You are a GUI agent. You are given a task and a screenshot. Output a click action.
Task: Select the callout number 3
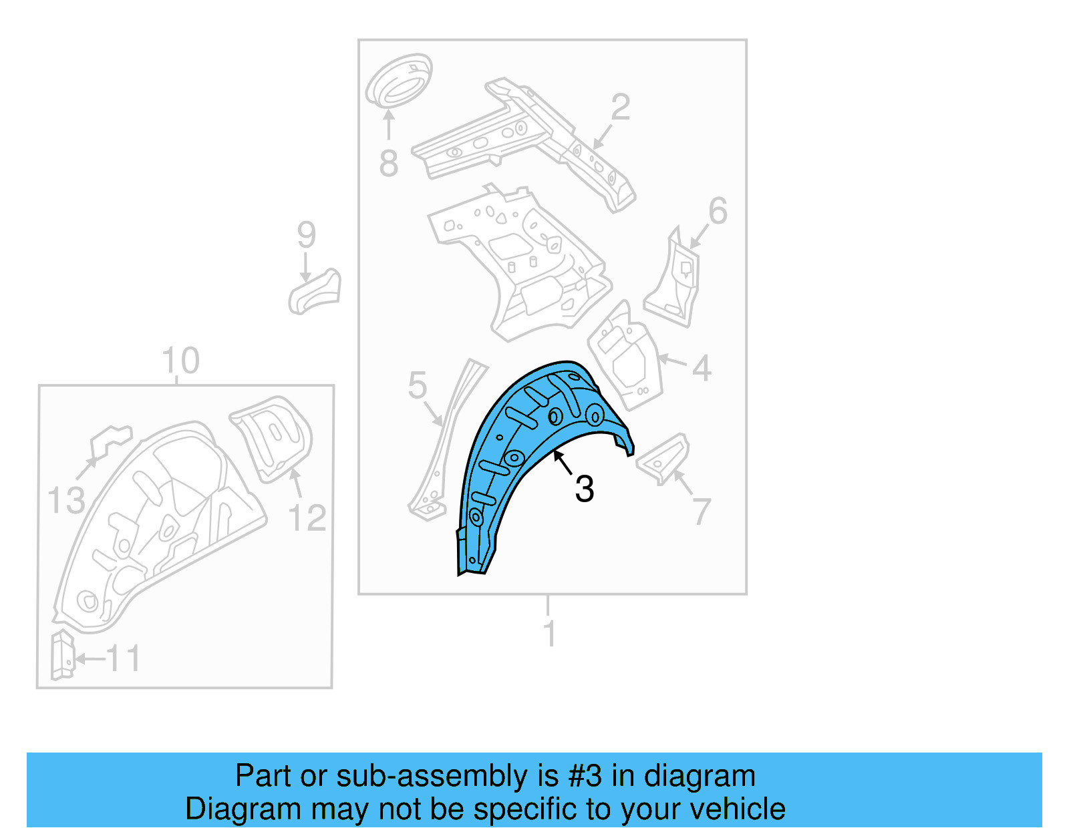(x=585, y=489)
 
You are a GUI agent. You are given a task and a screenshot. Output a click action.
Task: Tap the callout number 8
(x=388, y=164)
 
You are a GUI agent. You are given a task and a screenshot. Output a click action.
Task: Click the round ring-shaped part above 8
(x=399, y=81)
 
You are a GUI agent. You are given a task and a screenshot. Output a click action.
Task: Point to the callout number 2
(x=621, y=108)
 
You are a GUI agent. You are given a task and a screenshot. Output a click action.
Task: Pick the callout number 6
(x=718, y=212)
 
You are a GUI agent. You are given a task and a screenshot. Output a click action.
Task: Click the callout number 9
(x=306, y=235)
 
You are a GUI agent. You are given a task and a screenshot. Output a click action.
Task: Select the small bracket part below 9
(x=315, y=292)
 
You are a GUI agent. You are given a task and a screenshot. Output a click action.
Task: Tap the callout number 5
(x=418, y=386)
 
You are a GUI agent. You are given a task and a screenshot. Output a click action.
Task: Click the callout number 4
(x=702, y=368)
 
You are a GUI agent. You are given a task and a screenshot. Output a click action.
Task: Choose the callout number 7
(x=702, y=512)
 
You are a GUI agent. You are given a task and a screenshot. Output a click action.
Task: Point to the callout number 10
(x=180, y=361)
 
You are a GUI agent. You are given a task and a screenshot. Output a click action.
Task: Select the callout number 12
(x=307, y=518)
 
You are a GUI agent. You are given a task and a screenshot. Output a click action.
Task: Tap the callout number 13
(x=67, y=501)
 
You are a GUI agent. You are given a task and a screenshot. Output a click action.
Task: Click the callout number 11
(x=124, y=659)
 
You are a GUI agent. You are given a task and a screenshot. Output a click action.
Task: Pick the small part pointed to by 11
(x=62, y=654)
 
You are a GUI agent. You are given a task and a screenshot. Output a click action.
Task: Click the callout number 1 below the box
(x=550, y=634)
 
